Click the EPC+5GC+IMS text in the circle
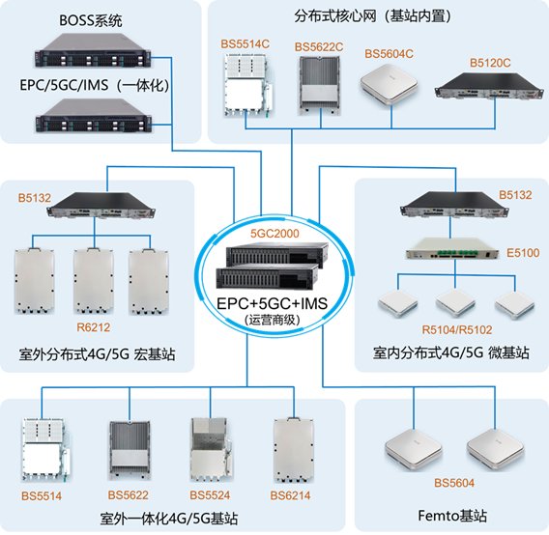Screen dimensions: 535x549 click(274, 303)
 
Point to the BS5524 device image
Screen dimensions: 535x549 click(212, 448)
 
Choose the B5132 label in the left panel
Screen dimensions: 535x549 click(34, 198)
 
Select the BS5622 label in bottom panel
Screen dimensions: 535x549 click(128, 495)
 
